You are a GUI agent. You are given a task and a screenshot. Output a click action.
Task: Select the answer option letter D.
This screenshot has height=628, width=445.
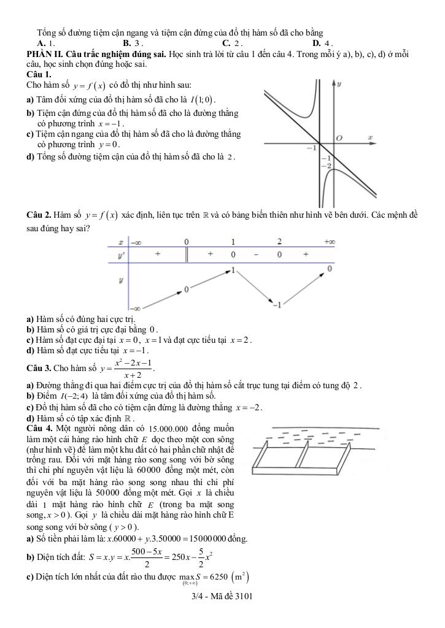pos(315,44)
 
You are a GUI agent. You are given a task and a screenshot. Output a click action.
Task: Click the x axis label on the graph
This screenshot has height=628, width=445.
pos(370,138)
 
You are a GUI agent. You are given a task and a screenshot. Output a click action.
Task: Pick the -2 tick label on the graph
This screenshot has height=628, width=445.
pos(328,166)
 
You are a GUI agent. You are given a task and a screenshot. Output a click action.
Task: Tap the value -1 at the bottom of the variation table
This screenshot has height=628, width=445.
pos(277,305)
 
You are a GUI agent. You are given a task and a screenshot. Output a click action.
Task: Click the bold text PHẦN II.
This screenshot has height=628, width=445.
pos(45,53)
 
